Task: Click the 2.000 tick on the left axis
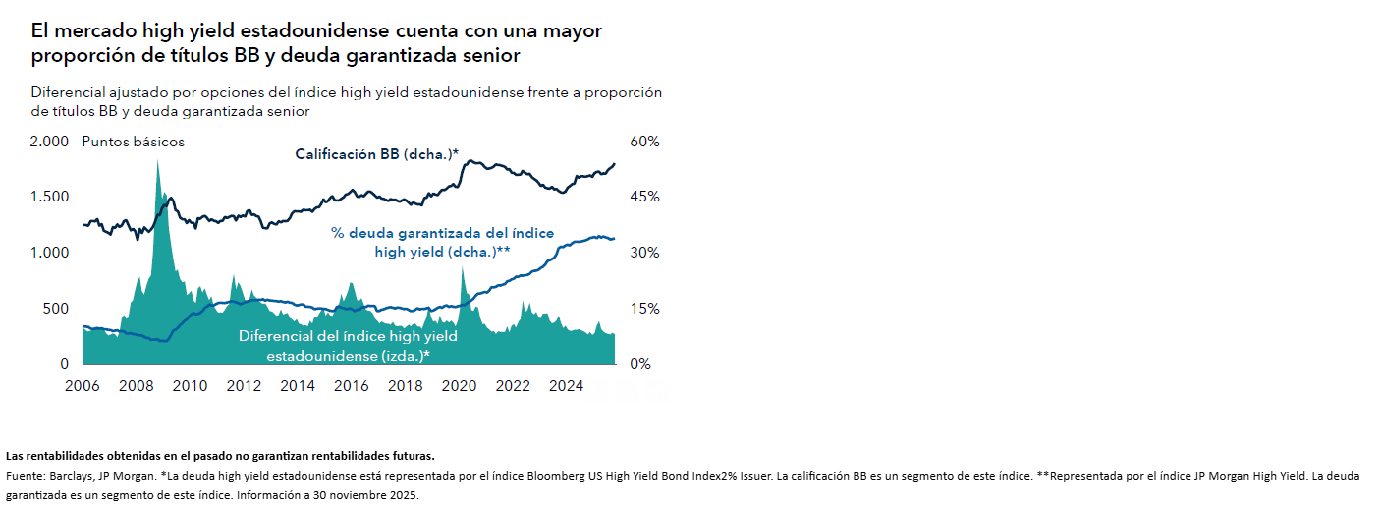(49, 142)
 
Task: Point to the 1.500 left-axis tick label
(49, 197)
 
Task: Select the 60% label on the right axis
(644, 142)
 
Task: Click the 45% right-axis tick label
(644, 197)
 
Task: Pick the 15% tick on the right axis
(644, 309)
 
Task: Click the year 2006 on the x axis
(83, 386)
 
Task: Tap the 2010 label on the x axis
(190, 386)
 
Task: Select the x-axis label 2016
(352, 386)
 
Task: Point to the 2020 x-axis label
(459, 386)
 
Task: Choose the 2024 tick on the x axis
(567, 386)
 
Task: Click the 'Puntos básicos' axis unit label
(133, 142)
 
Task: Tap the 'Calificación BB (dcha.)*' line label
(377, 154)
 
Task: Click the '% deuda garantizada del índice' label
(442, 234)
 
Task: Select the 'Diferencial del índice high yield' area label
(348, 336)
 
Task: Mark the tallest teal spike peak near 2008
(157, 162)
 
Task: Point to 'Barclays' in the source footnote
(71, 476)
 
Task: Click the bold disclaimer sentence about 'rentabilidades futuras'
(220, 456)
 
